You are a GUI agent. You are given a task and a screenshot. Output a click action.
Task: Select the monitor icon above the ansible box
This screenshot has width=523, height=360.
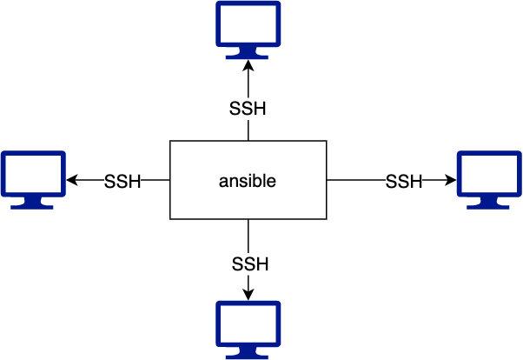point(248,30)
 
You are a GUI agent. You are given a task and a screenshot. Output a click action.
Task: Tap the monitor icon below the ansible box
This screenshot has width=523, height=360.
point(248,330)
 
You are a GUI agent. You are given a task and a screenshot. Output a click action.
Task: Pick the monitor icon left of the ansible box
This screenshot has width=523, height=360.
point(33,179)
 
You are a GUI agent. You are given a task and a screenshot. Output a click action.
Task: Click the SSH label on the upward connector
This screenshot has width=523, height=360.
point(248,110)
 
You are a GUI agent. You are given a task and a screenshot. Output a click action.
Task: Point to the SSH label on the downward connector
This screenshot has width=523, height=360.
point(250,262)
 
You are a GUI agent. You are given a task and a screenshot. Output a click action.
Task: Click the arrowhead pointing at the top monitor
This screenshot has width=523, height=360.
point(248,67)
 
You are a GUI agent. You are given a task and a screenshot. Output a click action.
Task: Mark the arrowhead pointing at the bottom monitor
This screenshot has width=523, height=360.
point(248,296)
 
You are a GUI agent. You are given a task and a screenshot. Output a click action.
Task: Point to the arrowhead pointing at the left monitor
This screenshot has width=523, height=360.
point(71,181)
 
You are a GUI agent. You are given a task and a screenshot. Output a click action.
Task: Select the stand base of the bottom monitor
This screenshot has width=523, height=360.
point(248,356)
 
